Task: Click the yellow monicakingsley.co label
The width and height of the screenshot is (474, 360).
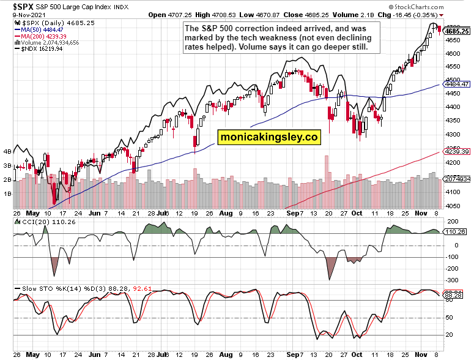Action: click(270, 138)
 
